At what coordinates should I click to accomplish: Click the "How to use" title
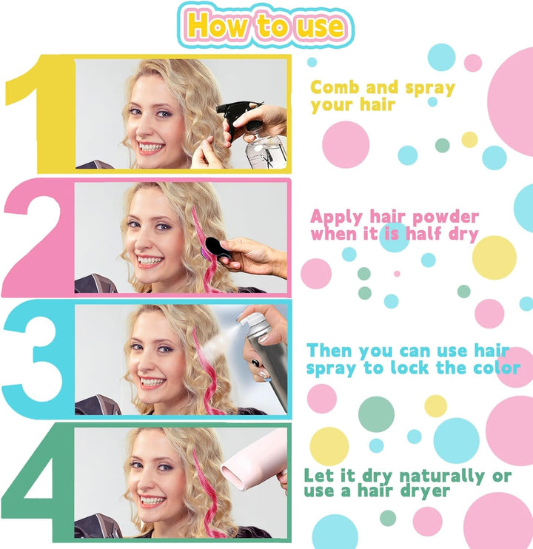click(x=266, y=26)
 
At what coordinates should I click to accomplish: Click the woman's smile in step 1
click(x=152, y=147)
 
